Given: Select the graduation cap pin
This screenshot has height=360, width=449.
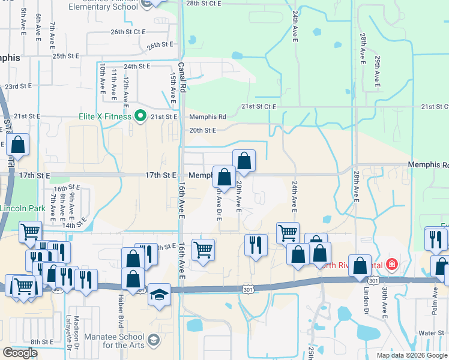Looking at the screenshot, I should [x=159, y=295].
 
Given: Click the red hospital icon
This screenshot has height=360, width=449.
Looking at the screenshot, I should [x=391, y=264].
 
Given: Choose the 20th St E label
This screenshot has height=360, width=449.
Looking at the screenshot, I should [x=202, y=130].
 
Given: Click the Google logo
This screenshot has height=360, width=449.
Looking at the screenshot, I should [x=20, y=353].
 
